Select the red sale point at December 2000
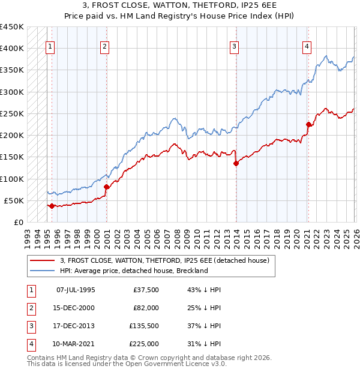point(106,187)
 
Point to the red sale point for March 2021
point(308,125)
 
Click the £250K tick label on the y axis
point(12,113)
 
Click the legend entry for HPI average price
point(134,271)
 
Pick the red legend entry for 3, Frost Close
point(165,260)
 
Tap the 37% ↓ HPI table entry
point(204,326)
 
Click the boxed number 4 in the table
point(30,344)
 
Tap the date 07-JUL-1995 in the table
point(75,290)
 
